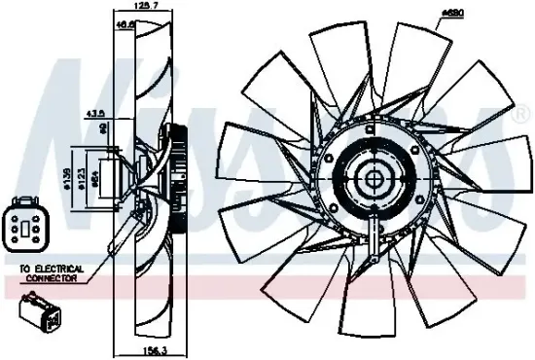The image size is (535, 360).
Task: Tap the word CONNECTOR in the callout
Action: (x=50, y=277)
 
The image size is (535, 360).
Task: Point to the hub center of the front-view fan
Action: (x=374, y=180)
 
